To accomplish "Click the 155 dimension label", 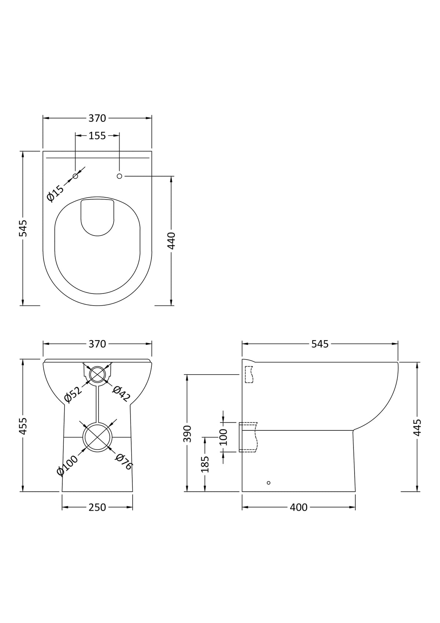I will (x=97, y=136).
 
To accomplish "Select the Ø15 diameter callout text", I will (x=55, y=193).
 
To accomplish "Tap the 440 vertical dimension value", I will (x=172, y=241).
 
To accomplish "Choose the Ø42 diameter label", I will (x=121, y=393).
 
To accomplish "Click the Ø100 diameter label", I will (x=67, y=465).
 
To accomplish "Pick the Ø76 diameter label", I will (x=124, y=462).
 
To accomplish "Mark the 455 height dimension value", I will (x=23, y=426).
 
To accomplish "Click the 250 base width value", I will (x=97, y=507).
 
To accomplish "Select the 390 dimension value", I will (x=187, y=433).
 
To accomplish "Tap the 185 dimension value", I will (x=205, y=464).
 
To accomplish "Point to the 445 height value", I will (x=417, y=427).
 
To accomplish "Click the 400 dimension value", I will (x=299, y=507).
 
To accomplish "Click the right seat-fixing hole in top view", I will (x=119, y=176).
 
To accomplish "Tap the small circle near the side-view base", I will (x=268, y=483).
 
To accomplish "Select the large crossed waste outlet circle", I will (x=97, y=437).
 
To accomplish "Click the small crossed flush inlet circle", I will (x=97, y=374).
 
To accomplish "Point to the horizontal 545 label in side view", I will (x=320, y=344).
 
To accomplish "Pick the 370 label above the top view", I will (x=97, y=118).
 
